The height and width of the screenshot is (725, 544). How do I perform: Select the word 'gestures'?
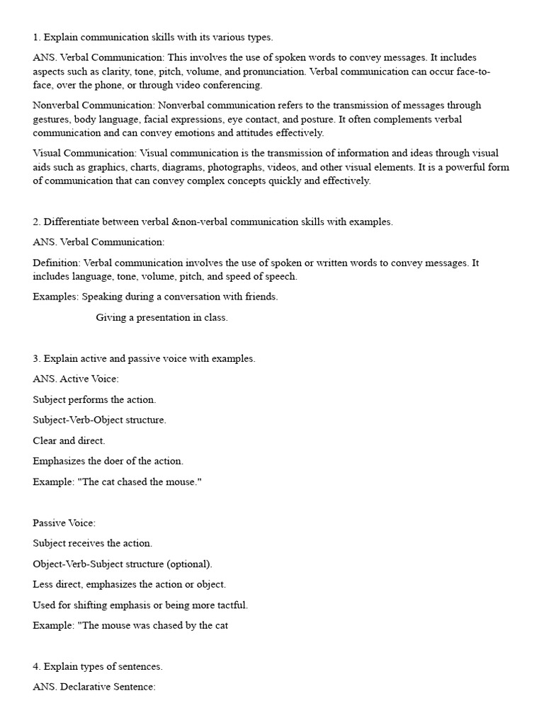[51, 120]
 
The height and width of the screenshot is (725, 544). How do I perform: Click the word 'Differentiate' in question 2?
[72, 222]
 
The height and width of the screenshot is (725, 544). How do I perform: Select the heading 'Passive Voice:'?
[64, 523]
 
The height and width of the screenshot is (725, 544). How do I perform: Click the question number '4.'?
[37, 666]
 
